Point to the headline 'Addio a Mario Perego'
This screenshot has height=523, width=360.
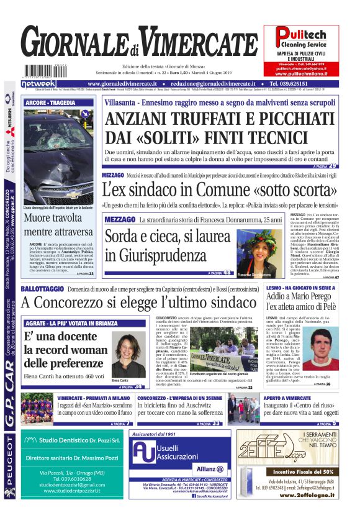point(300,299)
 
